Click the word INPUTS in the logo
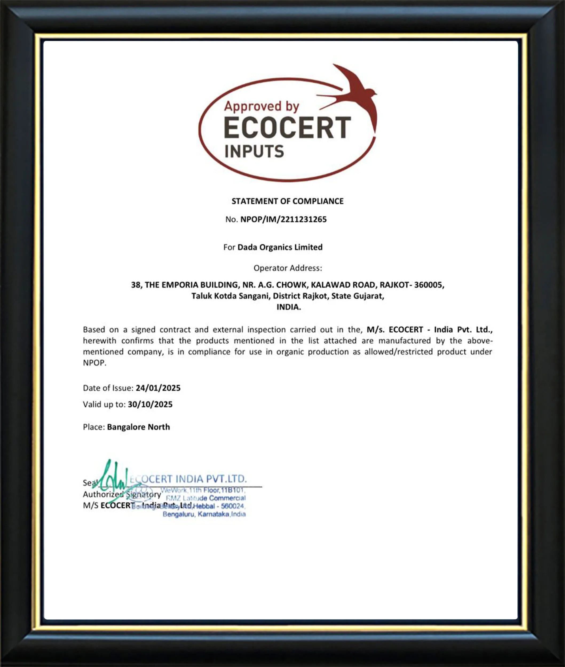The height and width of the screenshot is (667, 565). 254,152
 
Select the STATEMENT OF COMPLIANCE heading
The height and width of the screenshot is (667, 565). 287,201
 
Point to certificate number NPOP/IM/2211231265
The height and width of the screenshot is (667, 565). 283,219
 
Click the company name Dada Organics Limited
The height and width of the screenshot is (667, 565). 280,247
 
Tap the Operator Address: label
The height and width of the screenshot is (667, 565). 288,268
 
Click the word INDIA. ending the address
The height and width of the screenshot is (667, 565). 289,307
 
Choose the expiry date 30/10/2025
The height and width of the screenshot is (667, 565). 150,404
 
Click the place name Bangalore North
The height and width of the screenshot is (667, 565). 138,427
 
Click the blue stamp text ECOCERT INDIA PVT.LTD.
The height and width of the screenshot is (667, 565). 188,479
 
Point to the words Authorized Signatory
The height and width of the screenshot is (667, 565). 122,494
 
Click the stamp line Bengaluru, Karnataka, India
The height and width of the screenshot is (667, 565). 204,514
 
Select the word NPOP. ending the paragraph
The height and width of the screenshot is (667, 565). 94,363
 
